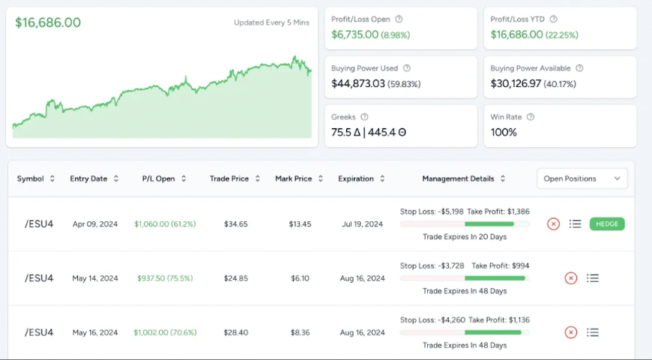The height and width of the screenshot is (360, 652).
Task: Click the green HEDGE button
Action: pyautogui.click(x=606, y=223)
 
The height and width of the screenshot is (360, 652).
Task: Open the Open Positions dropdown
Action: pyautogui.click(x=582, y=178)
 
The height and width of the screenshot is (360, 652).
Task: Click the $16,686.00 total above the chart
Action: pyautogui.click(x=48, y=22)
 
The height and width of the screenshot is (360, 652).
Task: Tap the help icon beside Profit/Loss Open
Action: pyautogui.click(x=399, y=19)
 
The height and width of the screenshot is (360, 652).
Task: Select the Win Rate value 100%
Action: pyautogui.click(x=504, y=132)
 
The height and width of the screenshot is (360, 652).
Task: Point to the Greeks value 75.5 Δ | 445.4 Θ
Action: pyautogui.click(x=369, y=132)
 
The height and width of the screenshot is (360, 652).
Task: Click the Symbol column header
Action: pyautogui.click(x=35, y=178)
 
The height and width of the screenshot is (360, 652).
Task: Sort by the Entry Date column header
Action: pyautogui.click(x=94, y=178)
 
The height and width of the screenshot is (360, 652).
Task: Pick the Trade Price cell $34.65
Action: pyautogui.click(x=235, y=224)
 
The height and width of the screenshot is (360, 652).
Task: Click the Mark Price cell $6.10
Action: pyautogui.click(x=300, y=278)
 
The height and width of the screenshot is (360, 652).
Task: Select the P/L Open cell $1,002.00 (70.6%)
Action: pyautogui.click(x=164, y=332)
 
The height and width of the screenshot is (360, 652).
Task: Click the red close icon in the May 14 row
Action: pyautogui.click(x=570, y=278)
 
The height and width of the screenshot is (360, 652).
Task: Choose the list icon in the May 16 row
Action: pyautogui.click(x=593, y=332)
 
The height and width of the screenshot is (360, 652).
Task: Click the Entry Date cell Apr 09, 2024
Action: pyautogui.click(x=95, y=224)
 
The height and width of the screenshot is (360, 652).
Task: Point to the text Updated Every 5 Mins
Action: pyautogui.click(x=271, y=22)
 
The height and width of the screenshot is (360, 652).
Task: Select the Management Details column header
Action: pyautogui.click(x=463, y=178)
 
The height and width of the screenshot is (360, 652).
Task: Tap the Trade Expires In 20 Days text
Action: pyautogui.click(x=465, y=237)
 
